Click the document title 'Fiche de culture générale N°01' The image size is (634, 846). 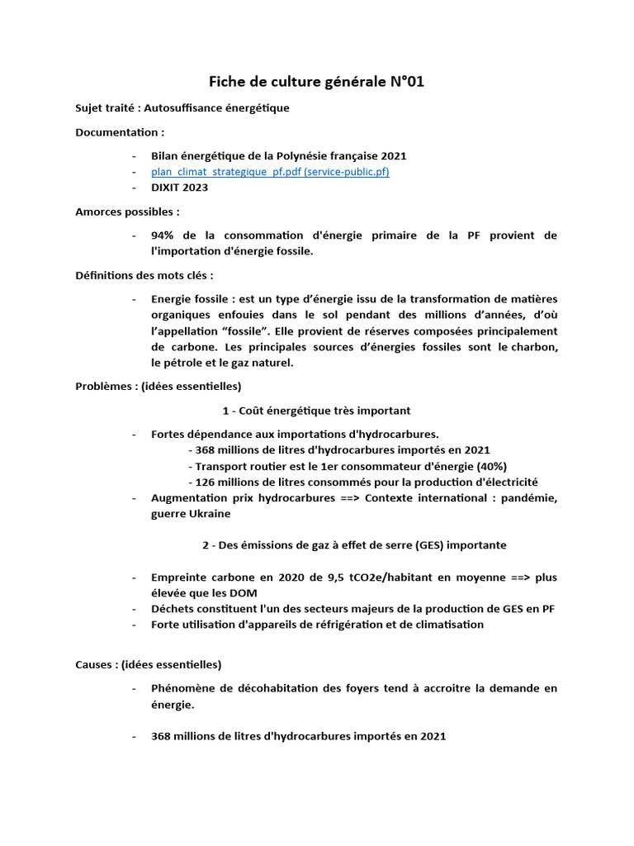click(x=317, y=81)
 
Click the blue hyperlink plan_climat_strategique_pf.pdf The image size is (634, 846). click(x=269, y=172)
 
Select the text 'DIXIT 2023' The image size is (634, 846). click(x=179, y=188)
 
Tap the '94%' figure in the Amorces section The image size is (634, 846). click(x=163, y=235)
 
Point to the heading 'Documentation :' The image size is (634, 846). click(x=120, y=132)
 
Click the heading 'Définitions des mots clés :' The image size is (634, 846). click(x=144, y=275)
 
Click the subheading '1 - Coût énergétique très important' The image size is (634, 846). click(x=316, y=411)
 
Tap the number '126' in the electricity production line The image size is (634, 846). click(x=205, y=482)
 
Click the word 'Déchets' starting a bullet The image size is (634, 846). click(x=172, y=609)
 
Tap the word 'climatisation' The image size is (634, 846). click(x=447, y=625)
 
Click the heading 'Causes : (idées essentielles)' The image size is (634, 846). click(x=148, y=664)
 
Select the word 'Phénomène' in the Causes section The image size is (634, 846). click(x=183, y=688)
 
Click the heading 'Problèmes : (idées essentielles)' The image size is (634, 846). click(x=158, y=387)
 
